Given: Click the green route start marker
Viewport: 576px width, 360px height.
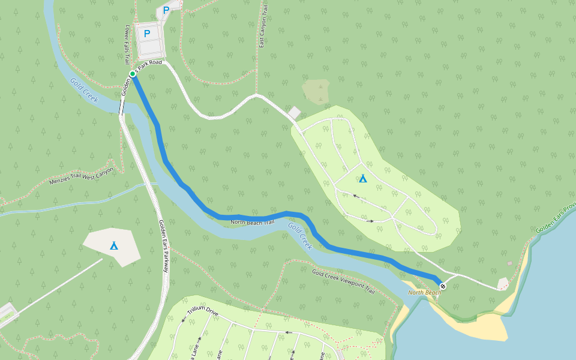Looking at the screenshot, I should click(133, 74).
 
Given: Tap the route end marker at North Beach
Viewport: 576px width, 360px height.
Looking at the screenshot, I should click(442, 286).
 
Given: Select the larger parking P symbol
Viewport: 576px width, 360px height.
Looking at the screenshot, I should click(147, 34).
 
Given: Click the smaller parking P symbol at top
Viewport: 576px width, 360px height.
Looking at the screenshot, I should click(166, 10).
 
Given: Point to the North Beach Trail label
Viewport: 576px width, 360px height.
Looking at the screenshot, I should click(252, 223).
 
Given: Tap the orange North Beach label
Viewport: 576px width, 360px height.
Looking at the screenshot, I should click(424, 293).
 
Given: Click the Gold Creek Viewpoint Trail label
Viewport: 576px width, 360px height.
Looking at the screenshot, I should click(343, 281).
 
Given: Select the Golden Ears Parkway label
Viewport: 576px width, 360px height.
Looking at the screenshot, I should click(164, 246).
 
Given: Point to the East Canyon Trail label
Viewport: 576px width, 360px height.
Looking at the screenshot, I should click(262, 27).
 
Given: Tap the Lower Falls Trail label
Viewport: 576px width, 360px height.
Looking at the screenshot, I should click(127, 44).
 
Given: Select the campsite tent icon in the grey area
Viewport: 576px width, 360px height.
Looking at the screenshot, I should click(114, 245).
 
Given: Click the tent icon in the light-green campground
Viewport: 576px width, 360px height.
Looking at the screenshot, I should click(362, 178).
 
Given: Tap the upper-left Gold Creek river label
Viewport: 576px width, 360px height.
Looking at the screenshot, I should click(83, 91).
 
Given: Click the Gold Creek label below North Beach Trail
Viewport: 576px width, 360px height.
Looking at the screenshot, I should click(300, 236).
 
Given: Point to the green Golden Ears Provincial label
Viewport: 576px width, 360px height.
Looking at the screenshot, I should click(556, 218).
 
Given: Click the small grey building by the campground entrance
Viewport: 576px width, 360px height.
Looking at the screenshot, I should click(294, 113).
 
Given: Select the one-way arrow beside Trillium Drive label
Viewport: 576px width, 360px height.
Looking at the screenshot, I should click(184, 319).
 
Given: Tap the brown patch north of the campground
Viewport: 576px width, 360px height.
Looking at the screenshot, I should click(316, 91).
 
